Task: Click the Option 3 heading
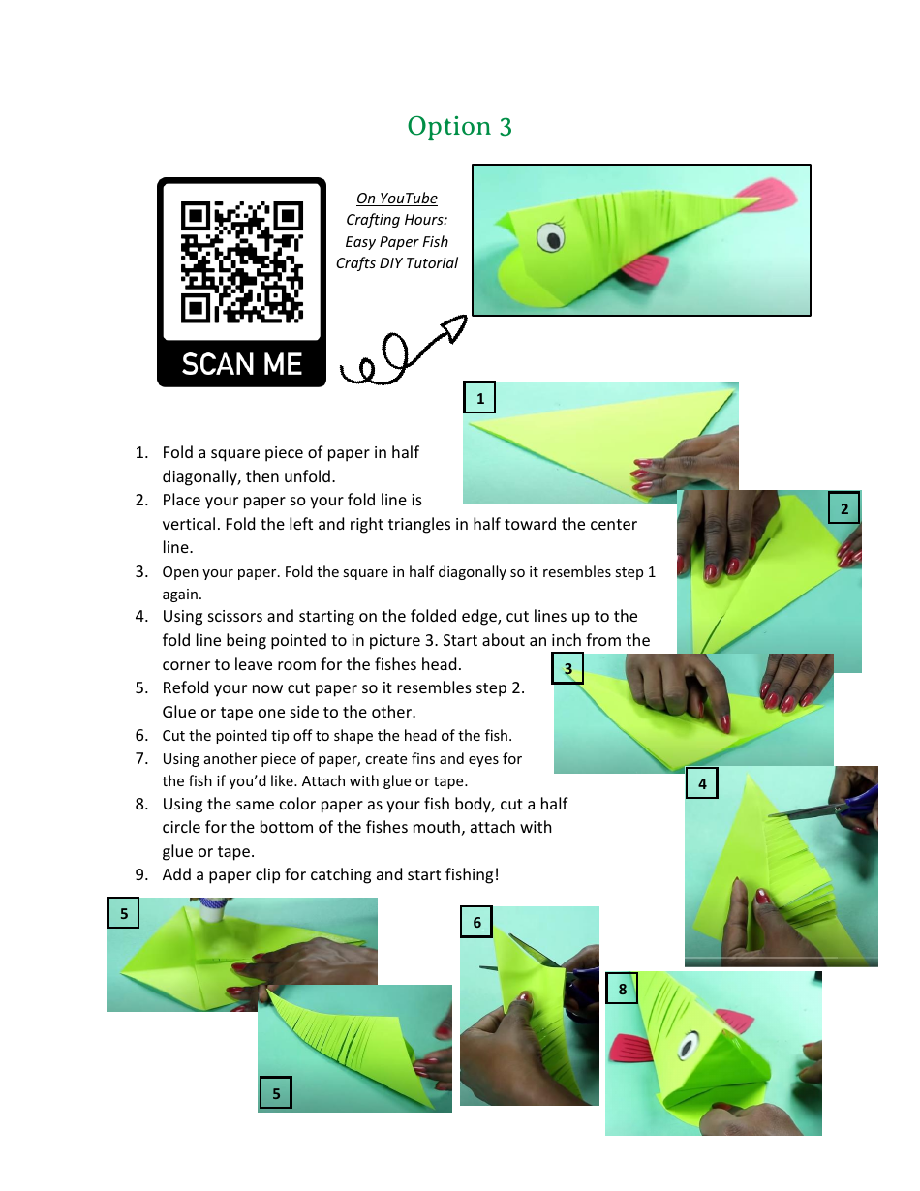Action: (459, 126)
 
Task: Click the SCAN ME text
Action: (242, 364)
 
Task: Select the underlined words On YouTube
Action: (397, 198)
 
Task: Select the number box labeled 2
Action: (844, 507)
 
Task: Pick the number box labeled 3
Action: (568, 668)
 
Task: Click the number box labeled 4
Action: (701, 783)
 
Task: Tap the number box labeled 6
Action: (476, 922)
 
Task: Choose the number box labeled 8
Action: (622, 989)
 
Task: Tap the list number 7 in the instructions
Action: (141, 759)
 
